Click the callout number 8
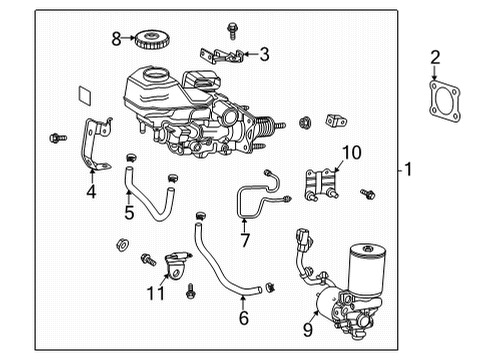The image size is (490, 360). click(x=116, y=39)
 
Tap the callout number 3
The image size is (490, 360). click(x=264, y=54)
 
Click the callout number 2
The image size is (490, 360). click(x=435, y=57)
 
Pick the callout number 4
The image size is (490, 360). click(x=91, y=191)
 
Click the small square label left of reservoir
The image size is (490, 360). click(x=86, y=96)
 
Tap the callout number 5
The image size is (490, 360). click(x=129, y=211)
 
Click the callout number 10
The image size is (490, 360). click(x=350, y=152)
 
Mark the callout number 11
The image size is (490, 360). click(x=156, y=292)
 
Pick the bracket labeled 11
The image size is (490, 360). click(x=176, y=266)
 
